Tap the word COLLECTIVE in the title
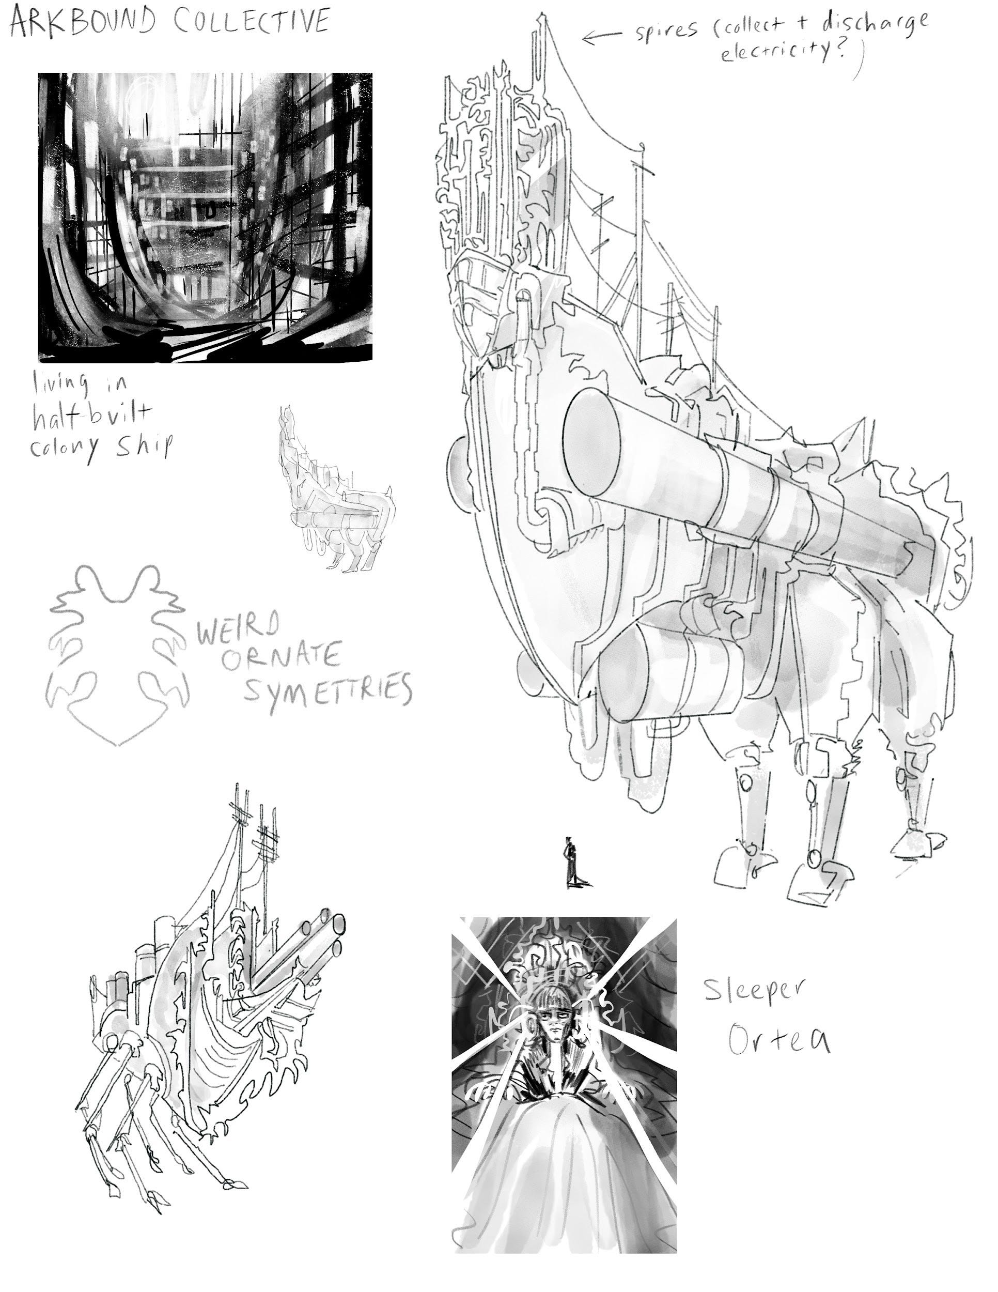pos(252,21)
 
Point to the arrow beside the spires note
pos(601,37)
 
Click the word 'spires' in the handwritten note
pos(666,29)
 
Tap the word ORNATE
pos(281,656)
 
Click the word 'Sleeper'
pos(754,989)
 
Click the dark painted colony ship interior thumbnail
pos(205,217)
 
